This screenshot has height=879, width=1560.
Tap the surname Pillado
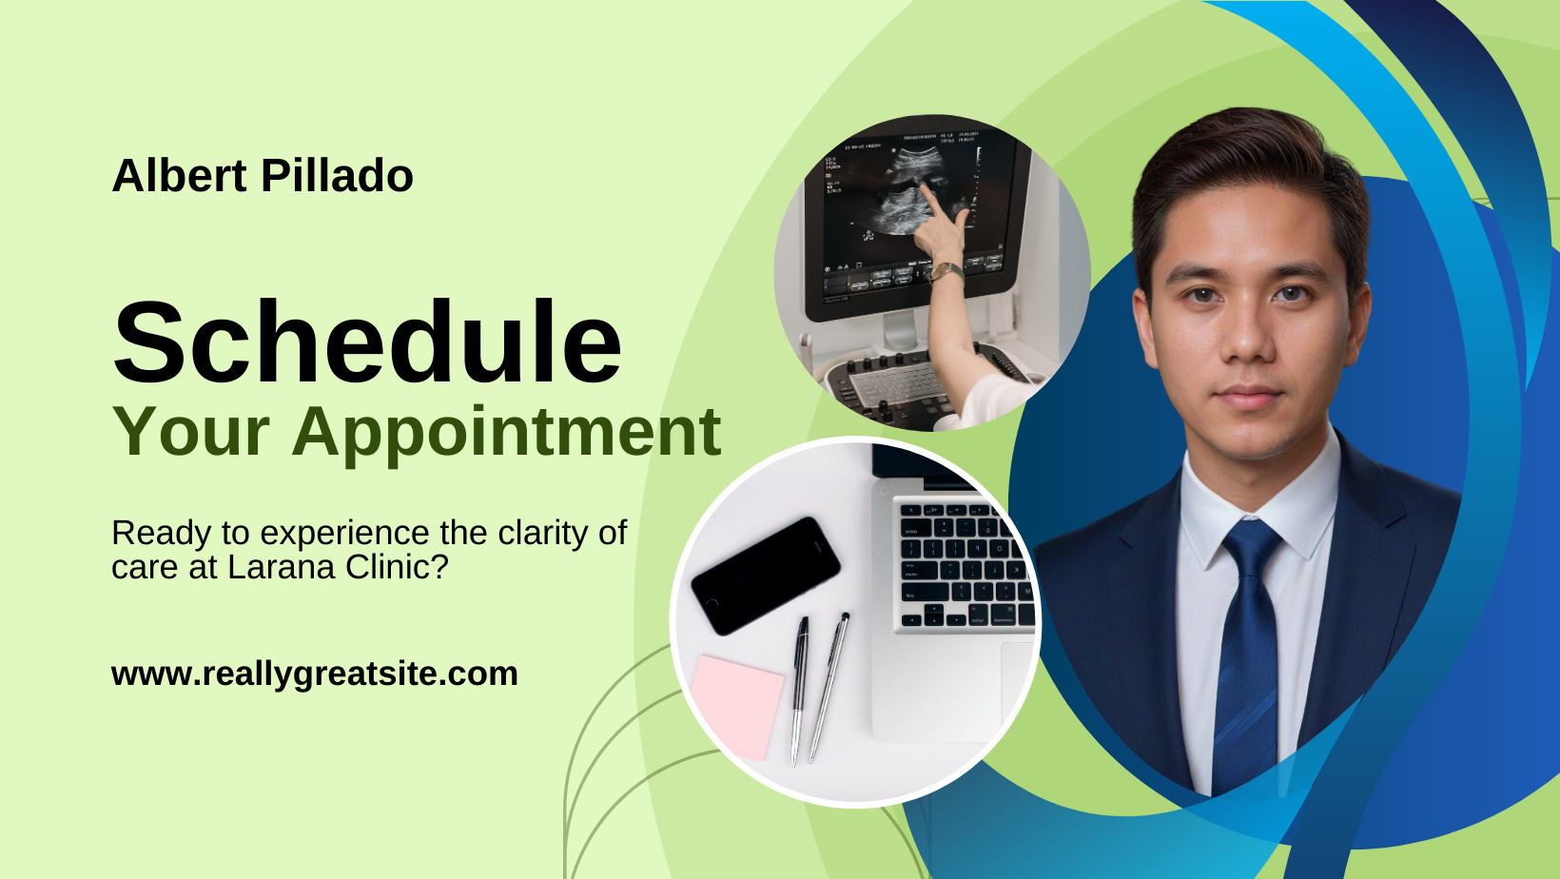337,175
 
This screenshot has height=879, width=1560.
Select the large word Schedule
367,342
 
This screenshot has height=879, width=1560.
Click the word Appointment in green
506,432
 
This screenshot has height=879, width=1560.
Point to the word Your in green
191,432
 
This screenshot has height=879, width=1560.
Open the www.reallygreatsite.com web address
315,674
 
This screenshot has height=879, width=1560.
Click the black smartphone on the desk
766,576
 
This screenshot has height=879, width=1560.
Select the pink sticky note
737,706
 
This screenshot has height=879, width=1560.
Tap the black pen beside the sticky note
799,691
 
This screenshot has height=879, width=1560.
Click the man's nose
1248,333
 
